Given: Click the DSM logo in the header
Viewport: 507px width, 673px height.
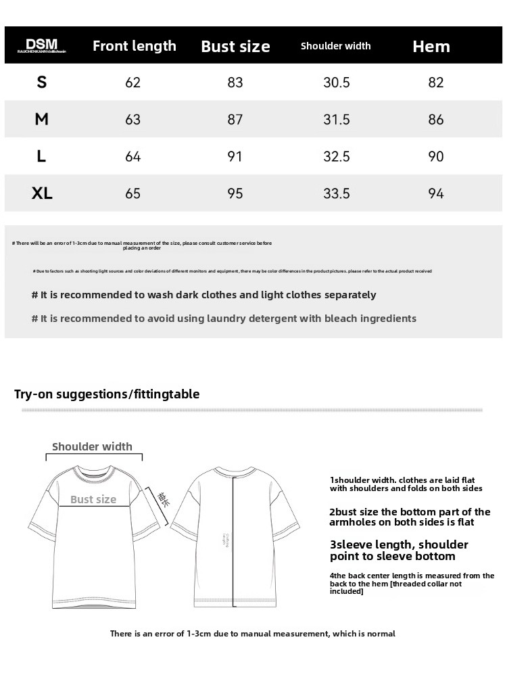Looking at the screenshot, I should (42, 45).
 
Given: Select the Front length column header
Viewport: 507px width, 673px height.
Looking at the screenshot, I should (134, 46).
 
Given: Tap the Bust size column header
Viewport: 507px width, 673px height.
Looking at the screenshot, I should (235, 47).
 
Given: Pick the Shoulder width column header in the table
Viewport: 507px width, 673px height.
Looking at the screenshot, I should (335, 46).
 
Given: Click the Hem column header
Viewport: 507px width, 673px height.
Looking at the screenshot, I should (431, 46).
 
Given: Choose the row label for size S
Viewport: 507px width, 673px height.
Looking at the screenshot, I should (42, 83).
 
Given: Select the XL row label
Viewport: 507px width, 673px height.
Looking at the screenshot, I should (42, 193).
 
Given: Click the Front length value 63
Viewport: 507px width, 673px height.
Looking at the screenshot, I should (133, 120).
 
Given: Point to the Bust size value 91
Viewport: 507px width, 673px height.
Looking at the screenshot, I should (235, 157).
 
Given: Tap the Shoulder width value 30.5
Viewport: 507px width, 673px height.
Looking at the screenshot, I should (337, 83).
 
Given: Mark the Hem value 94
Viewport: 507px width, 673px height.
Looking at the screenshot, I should (436, 194).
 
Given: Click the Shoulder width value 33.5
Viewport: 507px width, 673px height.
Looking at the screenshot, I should (337, 194).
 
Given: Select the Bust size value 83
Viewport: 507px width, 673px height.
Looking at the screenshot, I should (235, 83).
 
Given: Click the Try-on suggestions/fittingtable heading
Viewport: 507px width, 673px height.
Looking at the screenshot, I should (107, 394).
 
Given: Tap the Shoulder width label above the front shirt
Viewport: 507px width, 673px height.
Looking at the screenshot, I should (92, 446).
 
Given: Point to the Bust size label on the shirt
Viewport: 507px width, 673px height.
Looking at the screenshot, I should (93, 500).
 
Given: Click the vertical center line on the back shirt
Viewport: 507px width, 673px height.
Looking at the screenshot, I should (234, 541).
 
